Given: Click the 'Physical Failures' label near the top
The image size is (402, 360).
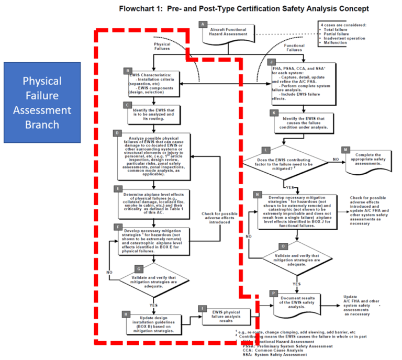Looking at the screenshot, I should coord(162,48).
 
